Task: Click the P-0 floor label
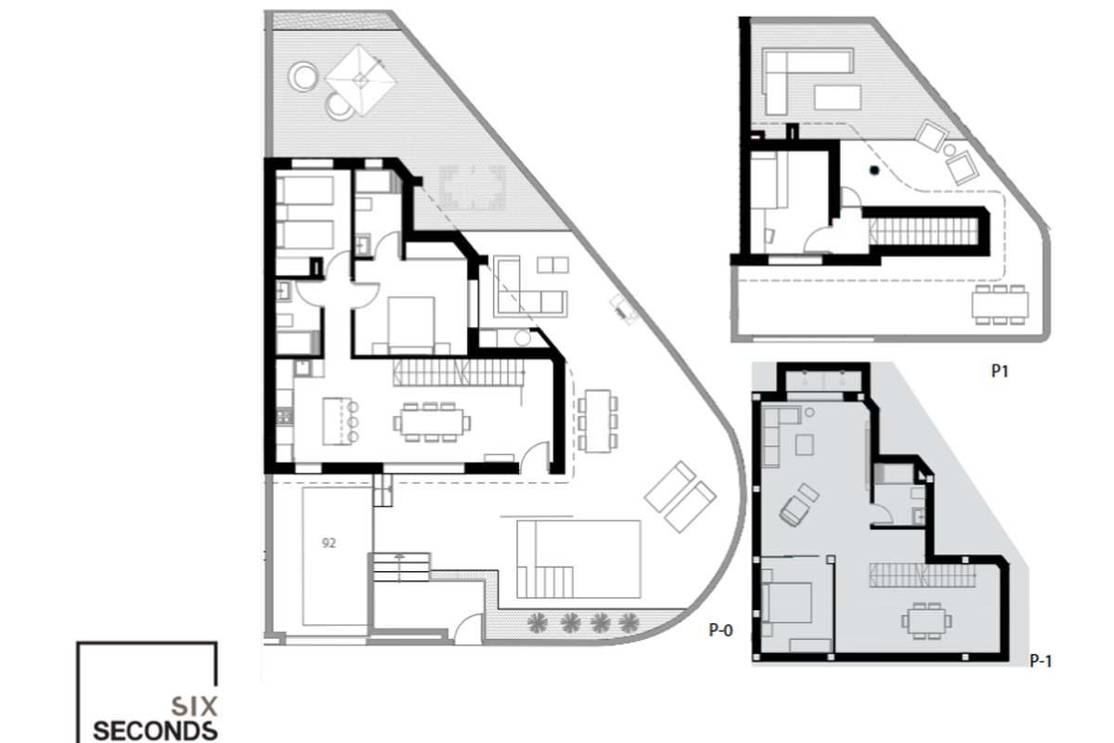coord(720,631)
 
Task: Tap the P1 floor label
coord(1000,371)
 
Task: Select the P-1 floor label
coord(1041,661)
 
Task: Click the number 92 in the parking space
coord(329,543)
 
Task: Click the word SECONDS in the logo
coord(155,731)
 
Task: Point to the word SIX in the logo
coord(194,706)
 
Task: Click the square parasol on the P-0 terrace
coord(360,80)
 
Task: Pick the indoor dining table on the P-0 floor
coord(432,422)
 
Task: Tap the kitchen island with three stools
coord(340,421)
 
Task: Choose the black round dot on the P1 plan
coord(874,170)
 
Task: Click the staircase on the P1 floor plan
coord(924,231)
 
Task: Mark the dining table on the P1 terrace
coord(1000,305)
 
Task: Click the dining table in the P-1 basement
coord(926,620)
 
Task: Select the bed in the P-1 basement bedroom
coord(785,603)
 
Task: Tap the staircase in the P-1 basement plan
coord(922,575)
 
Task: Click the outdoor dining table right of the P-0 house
coord(598,421)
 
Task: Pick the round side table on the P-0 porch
coord(522,338)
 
